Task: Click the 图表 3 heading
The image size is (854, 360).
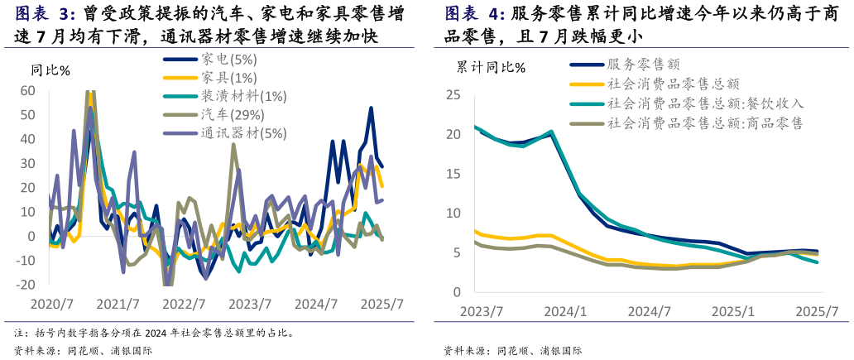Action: point(46,14)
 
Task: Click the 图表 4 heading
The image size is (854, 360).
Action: point(475,14)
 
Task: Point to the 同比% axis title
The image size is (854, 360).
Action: point(52,70)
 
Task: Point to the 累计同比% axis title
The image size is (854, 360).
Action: point(491,68)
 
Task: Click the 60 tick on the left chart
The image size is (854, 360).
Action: point(27,90)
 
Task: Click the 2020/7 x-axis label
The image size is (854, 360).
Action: point(51,304)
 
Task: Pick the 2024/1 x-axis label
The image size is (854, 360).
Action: point(567,311)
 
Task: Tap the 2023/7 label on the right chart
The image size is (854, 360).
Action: point(482,311)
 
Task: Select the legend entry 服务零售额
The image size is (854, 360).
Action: point(643,65)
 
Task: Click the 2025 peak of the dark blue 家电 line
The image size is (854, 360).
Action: point(371,108)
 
